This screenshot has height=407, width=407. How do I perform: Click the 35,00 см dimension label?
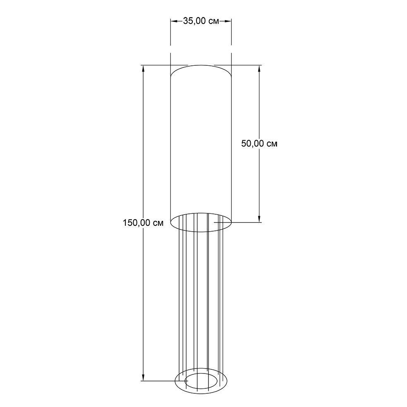201,21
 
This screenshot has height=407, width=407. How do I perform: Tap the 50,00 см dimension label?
259,143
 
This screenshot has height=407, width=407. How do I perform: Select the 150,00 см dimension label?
143,223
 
